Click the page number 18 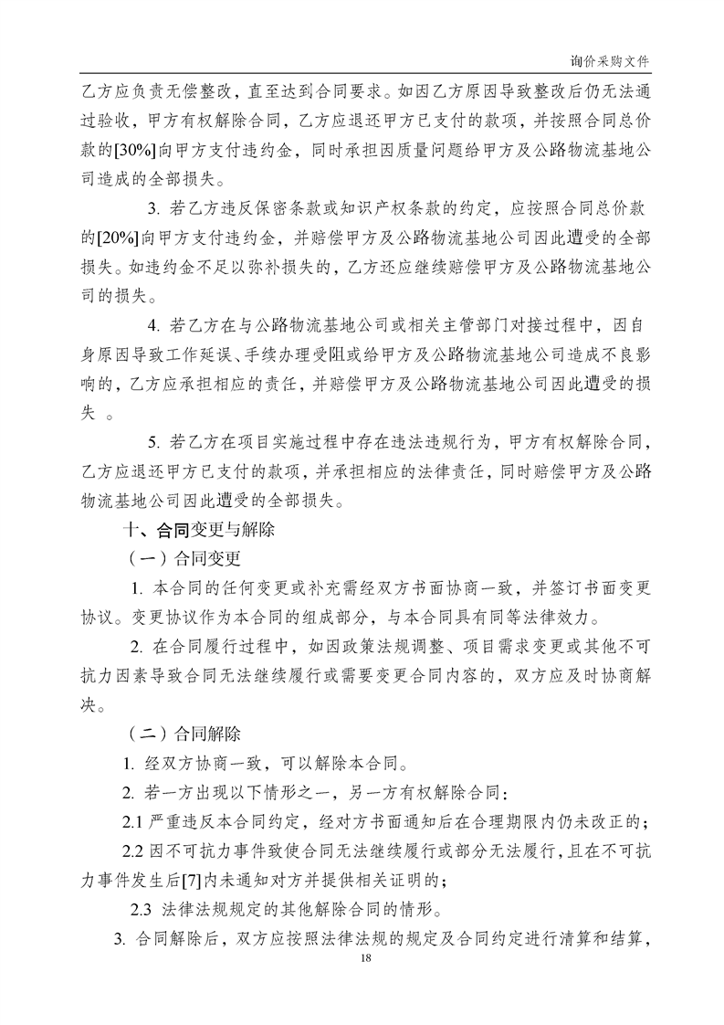(x=366, y=957)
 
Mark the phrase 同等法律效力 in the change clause (x=539, y=616)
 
